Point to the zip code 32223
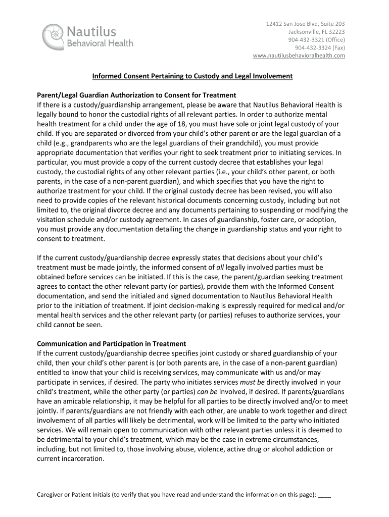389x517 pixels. tap(335, 32)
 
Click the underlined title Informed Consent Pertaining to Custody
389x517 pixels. tap(192, 76)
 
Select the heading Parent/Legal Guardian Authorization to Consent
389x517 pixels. tap(137, 95)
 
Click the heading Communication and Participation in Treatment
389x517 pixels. tap(112, 344)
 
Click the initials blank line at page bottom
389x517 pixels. tap(325, 495)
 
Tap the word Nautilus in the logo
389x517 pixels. tap(91, 32)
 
